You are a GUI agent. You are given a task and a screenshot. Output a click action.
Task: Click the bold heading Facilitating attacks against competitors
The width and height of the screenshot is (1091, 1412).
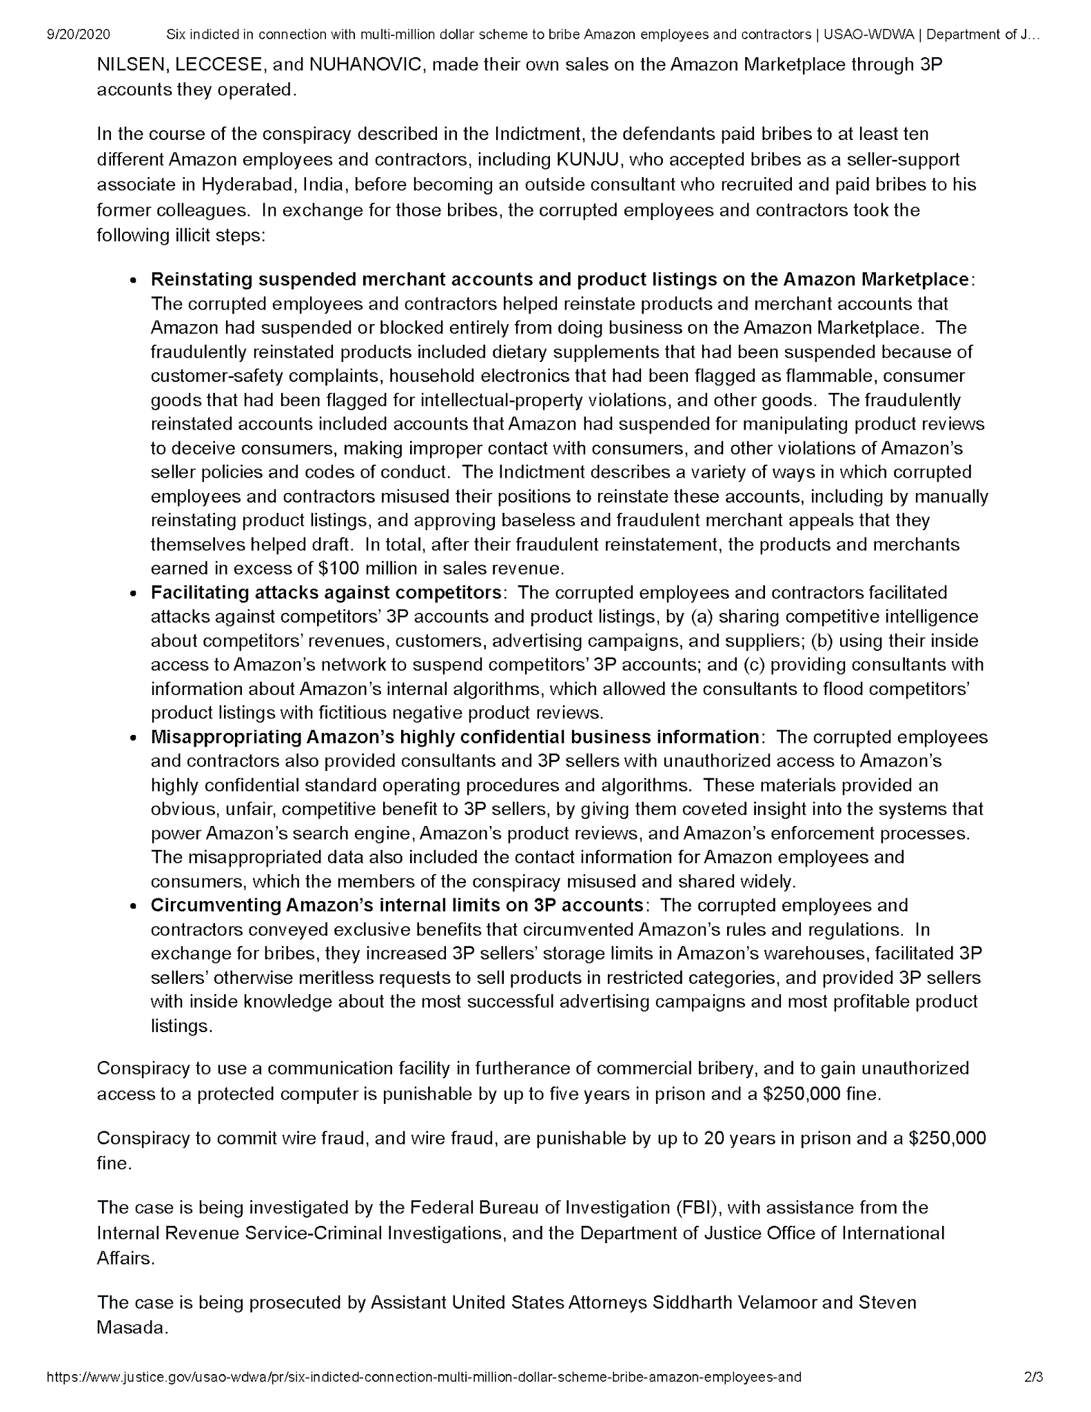pyautogui.click(x=326, y=592)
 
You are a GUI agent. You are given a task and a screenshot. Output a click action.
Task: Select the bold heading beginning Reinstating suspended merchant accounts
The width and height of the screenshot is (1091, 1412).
pyautogui.click(x=560, y=279)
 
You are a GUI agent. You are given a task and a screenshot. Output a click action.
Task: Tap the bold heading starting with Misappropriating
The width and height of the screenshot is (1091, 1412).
pyautogui.click(x=455, y=736)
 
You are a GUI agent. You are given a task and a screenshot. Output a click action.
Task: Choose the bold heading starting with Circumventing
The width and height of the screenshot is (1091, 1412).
pyautogui.click(x=397, y=905)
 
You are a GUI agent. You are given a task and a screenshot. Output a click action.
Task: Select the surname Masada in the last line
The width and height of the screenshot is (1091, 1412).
pyautogui.click(x=132, y=1327)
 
